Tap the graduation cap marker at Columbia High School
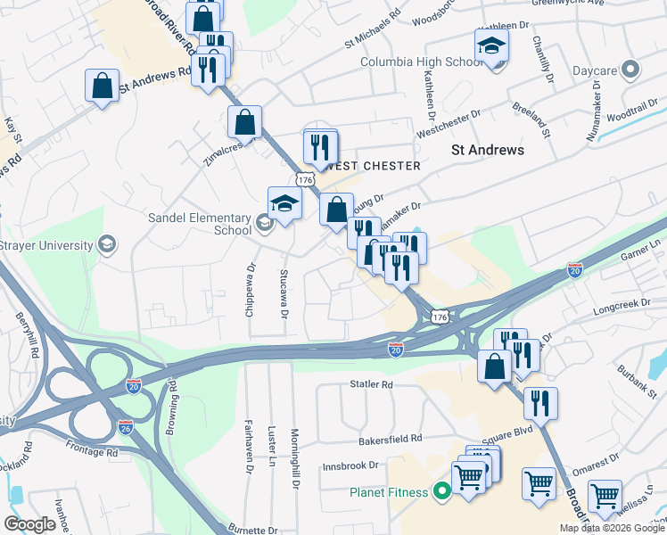pyautogui.click(x=491, y=46)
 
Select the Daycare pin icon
pyautogui.click(x=631, y=69)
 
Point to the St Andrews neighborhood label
pyautogui.click(x=488, y=150)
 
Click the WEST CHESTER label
pyautogui.click(x=375, y=167)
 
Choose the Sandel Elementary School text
pyautogui.click(x=201, y=222)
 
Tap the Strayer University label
pyautogui.click(x=46, y=245)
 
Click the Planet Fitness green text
pyautogui.click(x=390, y=491)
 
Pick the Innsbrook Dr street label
pyautogui.click(x=350, y=465)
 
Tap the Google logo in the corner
pyautogui.click(x=29, y=524)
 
